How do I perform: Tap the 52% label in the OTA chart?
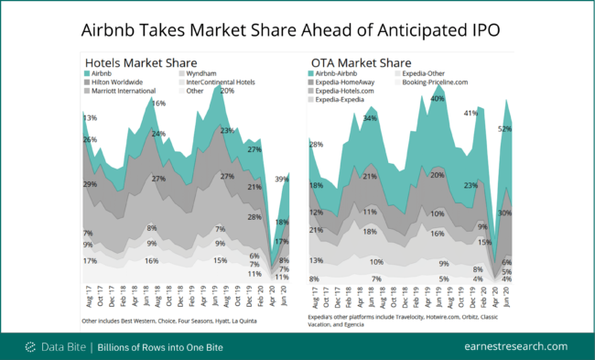(504, 129)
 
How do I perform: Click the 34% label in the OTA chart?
(370, 119)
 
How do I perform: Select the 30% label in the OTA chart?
(504, 213)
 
